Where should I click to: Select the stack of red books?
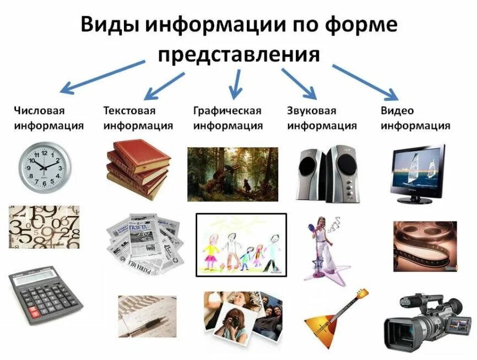coord(137,169)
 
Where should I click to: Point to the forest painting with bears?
coord(232,174)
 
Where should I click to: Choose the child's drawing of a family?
coord(241,244)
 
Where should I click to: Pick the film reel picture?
coord(425,246)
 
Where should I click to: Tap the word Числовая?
coord(35,111)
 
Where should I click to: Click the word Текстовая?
coord(129,111)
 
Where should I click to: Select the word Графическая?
coord(227,111)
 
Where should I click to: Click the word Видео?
coord(397,111)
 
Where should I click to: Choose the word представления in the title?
coord(238,54)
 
